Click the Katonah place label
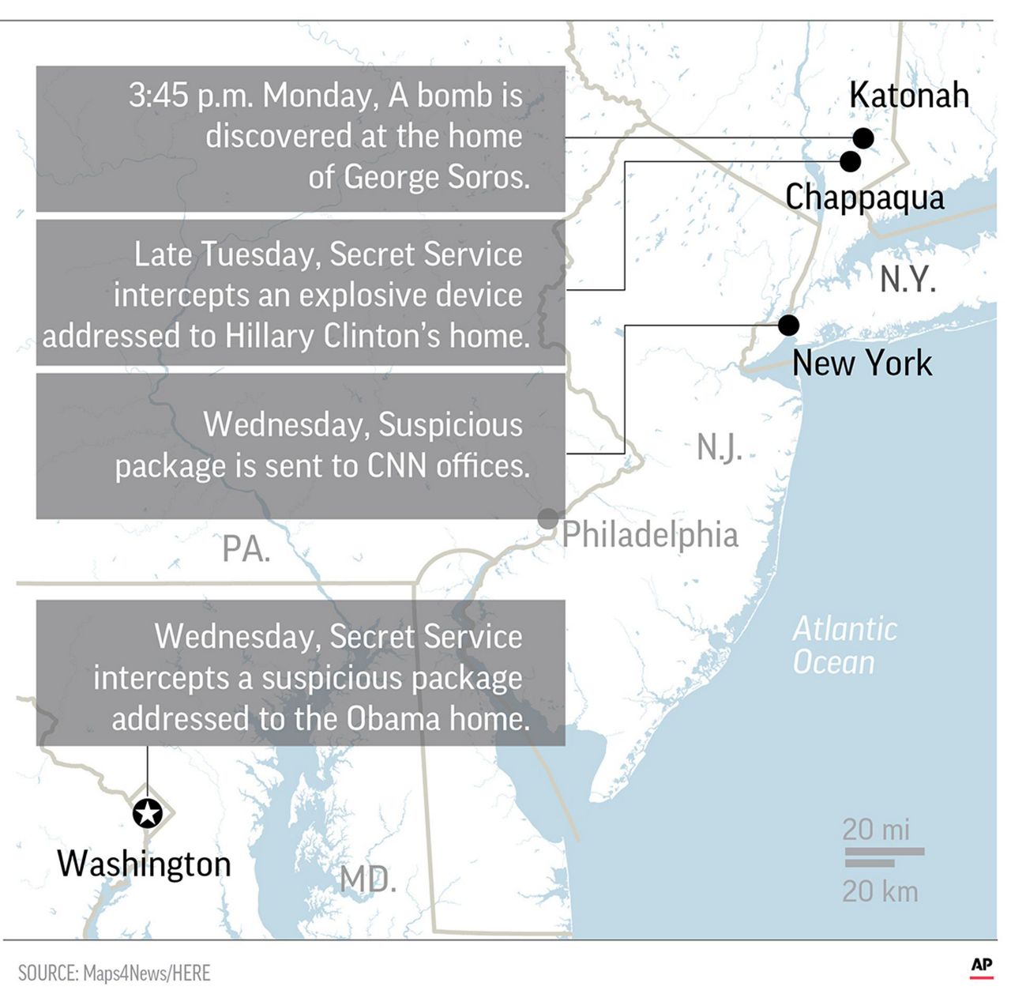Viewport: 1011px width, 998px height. tap(909, 96)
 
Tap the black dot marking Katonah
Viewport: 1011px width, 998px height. tap(863, 138)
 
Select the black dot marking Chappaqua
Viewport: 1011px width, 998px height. tap(850, 161)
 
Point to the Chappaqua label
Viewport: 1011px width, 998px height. tap(864, 197)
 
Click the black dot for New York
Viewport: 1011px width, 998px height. tap(788, 325)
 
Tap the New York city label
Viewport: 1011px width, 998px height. tap(862, 363)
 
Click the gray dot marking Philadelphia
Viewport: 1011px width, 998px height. tap(547, 519)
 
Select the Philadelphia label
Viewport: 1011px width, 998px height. tap(650, 535)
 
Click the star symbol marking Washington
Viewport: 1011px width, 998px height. tap(148, 812)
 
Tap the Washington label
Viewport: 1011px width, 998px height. tap(145, 864)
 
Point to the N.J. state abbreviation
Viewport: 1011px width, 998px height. tap(719, 448)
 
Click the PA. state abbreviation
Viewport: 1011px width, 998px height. tap(246, 549)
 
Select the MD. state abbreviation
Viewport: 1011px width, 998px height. tap(368, 879)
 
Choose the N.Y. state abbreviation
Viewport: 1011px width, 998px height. tap(908, 280)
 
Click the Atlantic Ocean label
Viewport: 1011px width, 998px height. tap(844, 646)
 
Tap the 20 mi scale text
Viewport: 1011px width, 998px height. tap(876, 829)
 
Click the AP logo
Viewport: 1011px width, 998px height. tap(982, 965)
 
